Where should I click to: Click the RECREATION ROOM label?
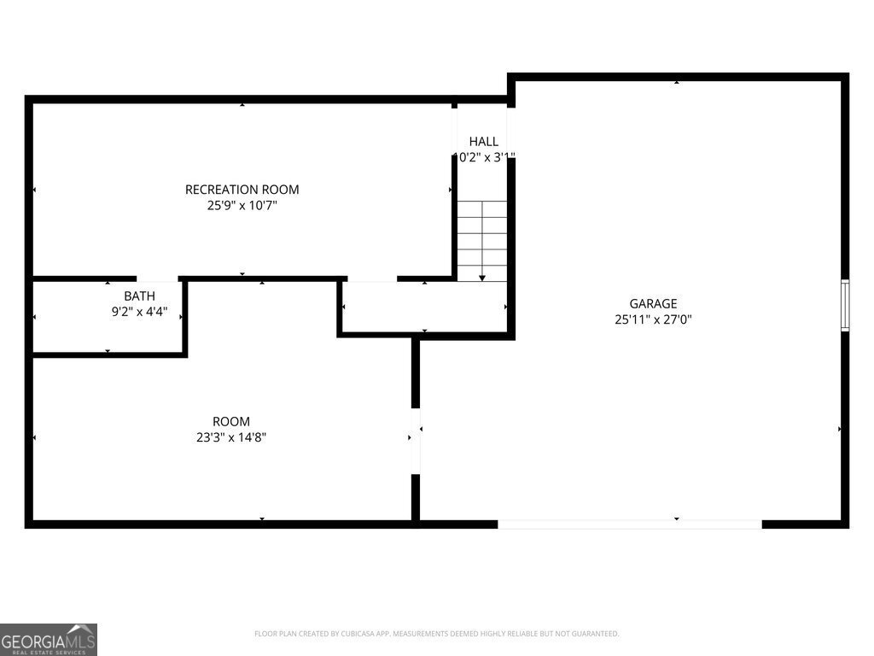(x=242, y=190)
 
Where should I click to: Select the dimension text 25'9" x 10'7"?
(x=242, y=205)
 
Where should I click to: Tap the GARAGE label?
(x=653, y=303)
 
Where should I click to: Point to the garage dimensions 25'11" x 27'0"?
(x=653, y=319)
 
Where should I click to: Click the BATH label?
(x=139, y=296)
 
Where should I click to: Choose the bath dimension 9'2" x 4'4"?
(x=139, y=312)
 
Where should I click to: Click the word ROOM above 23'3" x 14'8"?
(x=231, y=421)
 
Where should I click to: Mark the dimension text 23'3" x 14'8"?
(x=231, y=437)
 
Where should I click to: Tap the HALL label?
(x=483, y=141)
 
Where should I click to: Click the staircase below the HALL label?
(x=482, y=239)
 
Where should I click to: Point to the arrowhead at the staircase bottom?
(x=482, y=277)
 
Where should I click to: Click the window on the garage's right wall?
(x=845, y=305)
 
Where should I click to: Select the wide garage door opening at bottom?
(x=629, y=524)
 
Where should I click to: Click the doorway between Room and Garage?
(x=416, y=440)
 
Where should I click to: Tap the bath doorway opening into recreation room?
(x=157, y=278)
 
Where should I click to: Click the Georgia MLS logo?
(x=49, y=639)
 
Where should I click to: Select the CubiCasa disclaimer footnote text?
(x=436, y=634)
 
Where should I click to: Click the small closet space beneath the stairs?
(x=424, y=307)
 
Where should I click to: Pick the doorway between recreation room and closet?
(x=372, y=278)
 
